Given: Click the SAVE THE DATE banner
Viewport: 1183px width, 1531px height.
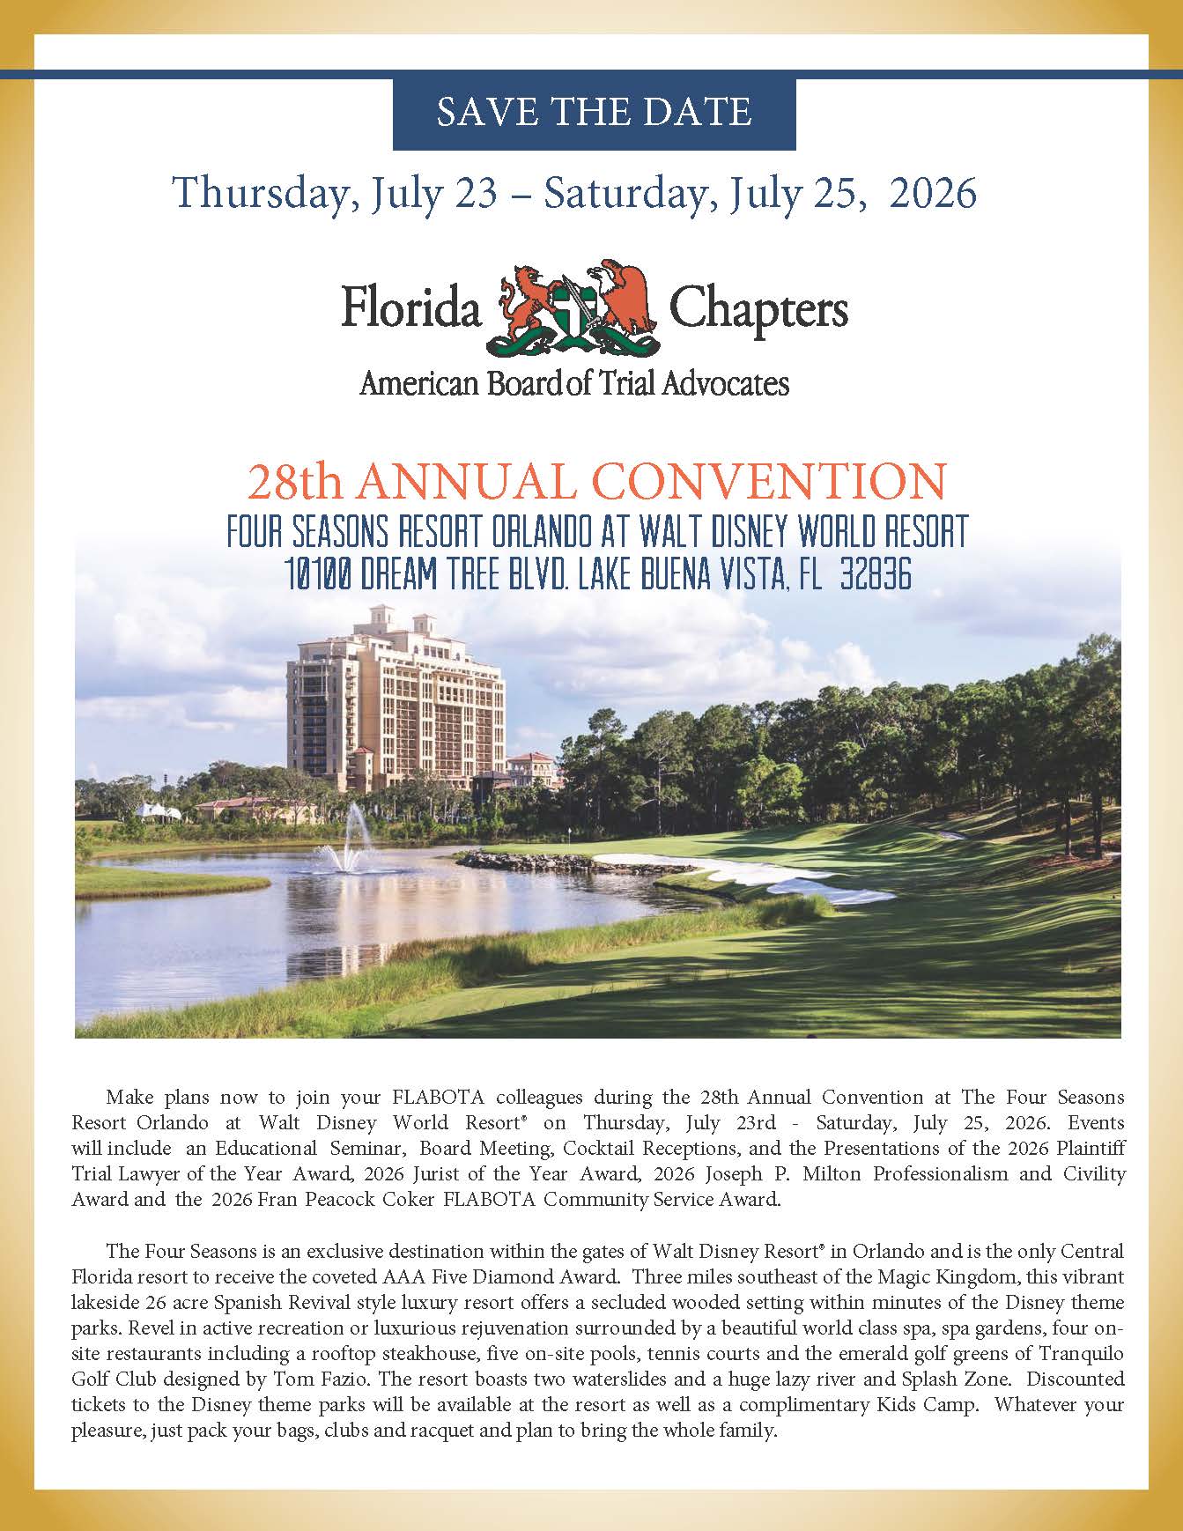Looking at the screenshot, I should pos(594,113).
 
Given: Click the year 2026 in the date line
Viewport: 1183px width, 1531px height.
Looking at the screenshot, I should pos(933,193).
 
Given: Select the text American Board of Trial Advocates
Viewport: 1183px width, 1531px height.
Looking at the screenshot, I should pos(573,382).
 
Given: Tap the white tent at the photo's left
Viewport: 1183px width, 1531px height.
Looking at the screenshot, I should pos(159,810).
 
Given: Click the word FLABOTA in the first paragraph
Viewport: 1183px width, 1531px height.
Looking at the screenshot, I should pos(427,1098).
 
